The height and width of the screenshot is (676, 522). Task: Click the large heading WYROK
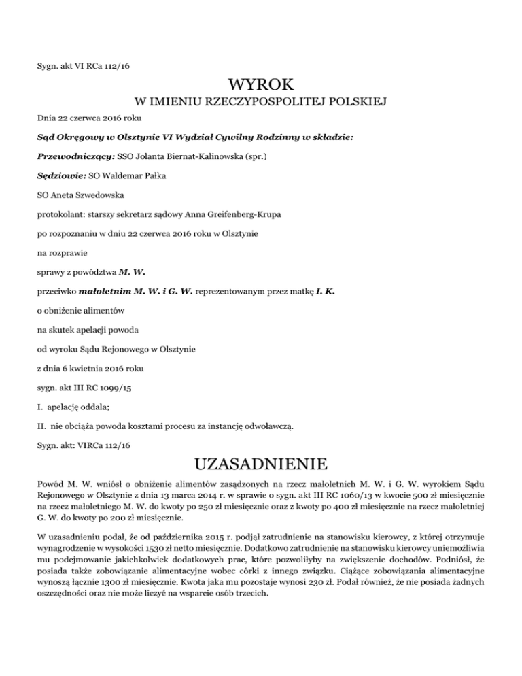(x=261, y=85)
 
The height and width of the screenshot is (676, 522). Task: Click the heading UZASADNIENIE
(x=261, y=467)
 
